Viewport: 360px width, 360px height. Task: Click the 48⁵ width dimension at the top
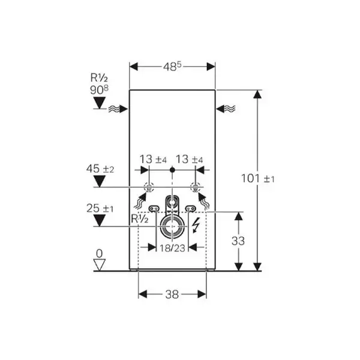(172, 67)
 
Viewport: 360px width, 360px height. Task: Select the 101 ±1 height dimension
(258, 178)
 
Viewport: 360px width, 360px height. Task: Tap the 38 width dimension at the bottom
(172, 295)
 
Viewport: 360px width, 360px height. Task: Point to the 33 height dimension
(238, 241)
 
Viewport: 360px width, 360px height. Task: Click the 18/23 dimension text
(172, 248)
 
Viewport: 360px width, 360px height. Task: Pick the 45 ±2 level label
(100, 169)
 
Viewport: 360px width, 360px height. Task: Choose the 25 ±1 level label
(100, 208)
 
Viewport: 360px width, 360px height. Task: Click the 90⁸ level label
(99, 90)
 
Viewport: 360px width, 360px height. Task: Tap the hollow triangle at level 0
(99, 265)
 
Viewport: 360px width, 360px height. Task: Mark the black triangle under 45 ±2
(100, 181)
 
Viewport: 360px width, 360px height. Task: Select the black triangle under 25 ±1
(100, 220)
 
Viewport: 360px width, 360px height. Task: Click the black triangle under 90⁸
(100, 103)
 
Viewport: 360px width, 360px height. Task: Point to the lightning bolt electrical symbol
(196, 225)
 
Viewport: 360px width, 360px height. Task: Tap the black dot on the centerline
(172, 170)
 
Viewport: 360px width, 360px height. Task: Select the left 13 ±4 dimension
(153, 160)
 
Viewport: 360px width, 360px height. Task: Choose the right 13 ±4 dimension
(189, 160)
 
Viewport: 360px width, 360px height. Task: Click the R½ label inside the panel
(140, 219)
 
